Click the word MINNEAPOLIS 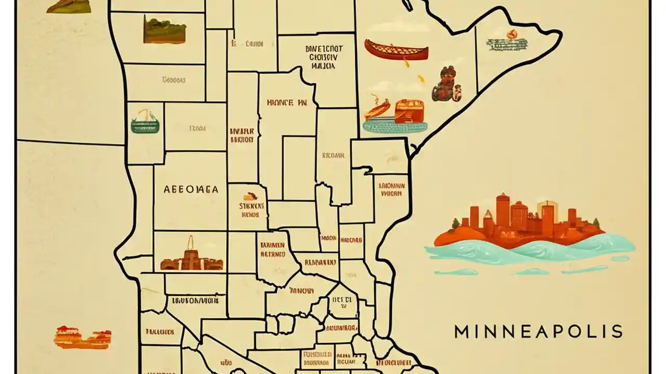538,331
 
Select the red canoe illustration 396,49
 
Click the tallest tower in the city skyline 502,210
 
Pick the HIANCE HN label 286,102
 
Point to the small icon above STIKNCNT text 250,197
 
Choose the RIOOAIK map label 333,155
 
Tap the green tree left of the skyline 456,224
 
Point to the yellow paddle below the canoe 420,79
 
